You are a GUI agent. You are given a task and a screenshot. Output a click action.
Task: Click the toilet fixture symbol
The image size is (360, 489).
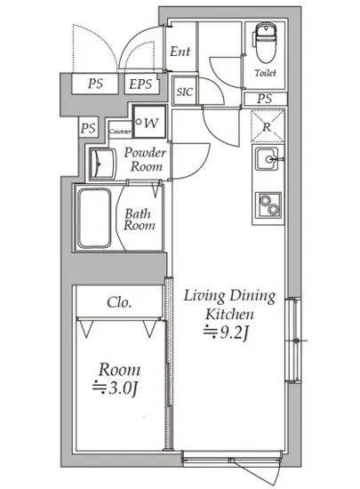point(266,43)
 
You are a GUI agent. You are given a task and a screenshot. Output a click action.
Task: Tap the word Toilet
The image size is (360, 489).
point(265,73)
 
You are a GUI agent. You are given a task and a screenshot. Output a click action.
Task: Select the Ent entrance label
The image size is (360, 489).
point(180,52)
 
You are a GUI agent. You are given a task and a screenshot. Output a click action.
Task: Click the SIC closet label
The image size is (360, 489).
point(185,92)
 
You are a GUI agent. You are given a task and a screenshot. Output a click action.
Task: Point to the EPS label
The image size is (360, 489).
point(140,84)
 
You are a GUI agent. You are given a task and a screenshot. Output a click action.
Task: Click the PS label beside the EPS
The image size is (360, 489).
point(95,84)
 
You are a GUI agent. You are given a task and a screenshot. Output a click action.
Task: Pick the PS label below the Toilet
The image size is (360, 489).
point(265,99)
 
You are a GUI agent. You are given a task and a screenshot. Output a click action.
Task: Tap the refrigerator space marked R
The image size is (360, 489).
point(268,126)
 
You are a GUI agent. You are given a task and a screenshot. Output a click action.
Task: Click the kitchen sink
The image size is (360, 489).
point(268,159)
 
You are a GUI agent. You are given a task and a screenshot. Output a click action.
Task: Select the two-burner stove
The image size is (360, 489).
point(268,204)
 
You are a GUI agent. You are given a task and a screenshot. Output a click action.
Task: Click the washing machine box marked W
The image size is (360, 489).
point(149,122)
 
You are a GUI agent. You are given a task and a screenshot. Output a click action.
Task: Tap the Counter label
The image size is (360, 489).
point(120,132)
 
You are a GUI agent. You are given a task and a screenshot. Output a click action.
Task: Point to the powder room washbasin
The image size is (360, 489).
point(102,164)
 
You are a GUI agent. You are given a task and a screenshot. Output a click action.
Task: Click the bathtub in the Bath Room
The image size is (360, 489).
point(94,218)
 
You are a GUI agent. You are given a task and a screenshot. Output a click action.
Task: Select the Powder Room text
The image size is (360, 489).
point(145,160)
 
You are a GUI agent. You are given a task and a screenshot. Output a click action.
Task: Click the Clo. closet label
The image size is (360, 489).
point(119,302)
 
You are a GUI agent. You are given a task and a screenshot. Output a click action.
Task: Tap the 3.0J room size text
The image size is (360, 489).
point(115,389)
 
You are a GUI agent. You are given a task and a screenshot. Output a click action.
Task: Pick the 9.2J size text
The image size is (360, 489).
point(227,333)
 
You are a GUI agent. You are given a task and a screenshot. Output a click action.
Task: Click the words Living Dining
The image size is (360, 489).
point(229,296)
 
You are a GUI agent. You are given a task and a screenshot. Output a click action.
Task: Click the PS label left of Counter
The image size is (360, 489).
point(89,128)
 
